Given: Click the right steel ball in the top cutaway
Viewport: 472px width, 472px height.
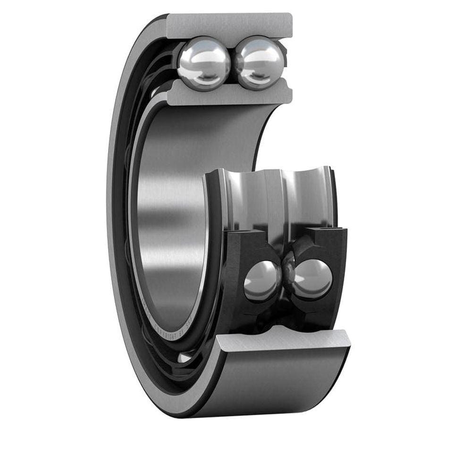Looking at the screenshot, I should click(x=259, y=63).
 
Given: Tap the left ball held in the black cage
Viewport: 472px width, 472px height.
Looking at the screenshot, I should click(x=261, y=281).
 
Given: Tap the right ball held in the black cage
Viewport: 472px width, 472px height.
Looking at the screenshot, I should click(x=313, y=279).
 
